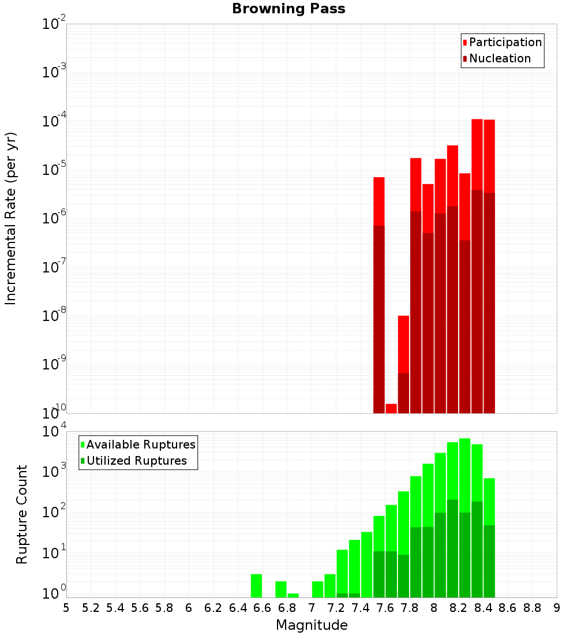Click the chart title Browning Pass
[288, 9]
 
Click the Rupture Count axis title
[22, 514]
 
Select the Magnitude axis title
[312, 625]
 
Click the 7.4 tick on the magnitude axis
[361, 608]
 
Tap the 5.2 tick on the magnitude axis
[91, 608]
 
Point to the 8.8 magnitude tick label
[533, 608]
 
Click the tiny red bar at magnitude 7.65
[391, 408]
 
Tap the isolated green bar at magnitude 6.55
[256, 585]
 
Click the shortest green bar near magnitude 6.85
[293, 595]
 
